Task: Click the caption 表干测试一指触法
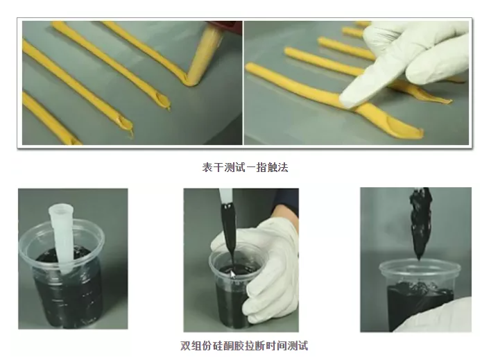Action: pos(245,167)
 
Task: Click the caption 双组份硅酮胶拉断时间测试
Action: pos(244,345)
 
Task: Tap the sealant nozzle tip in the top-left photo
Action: pos(191,80)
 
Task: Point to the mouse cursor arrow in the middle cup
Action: pos(233,274)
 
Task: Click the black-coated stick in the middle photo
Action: pos(229,234)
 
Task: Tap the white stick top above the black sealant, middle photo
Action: pos(225,196)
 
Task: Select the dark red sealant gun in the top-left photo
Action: pos(224,24)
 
